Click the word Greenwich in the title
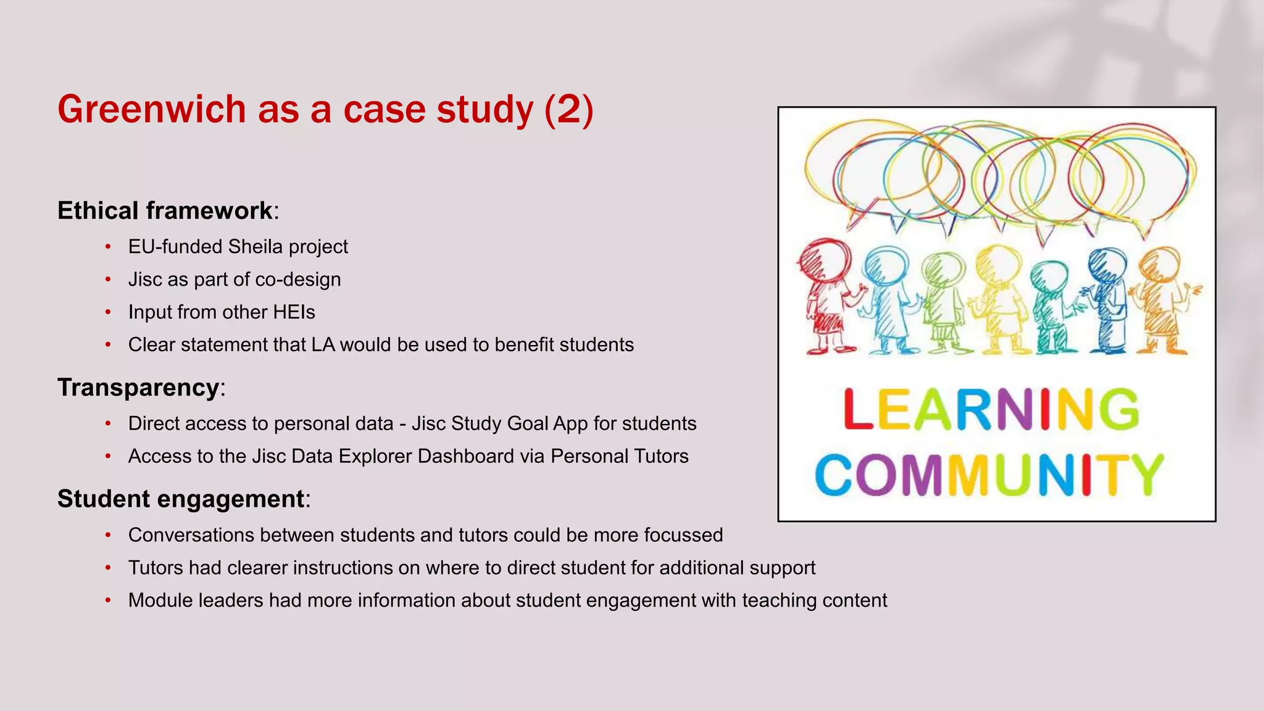(x=152, y=109)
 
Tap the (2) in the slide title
(x=568, y=109)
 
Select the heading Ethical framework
(x=165, y=210)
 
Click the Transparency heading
(x=138, y=388)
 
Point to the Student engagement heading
(x=181, y=499)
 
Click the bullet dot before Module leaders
(x=108, y=601)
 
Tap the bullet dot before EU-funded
(x=108, y=247)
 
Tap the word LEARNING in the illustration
(x=991, y=409)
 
